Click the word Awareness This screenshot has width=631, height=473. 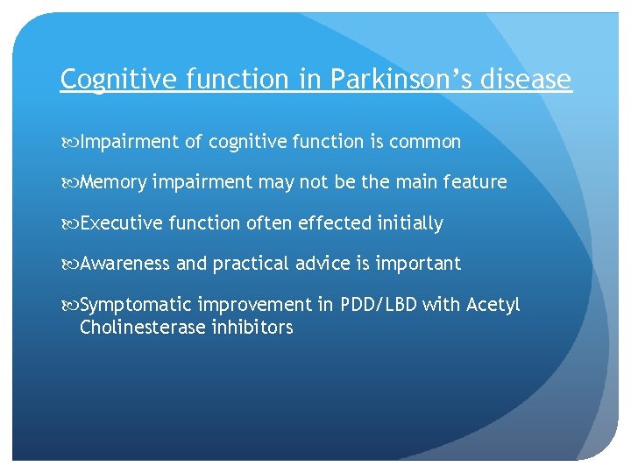pyautogui.click(x=125, y=264)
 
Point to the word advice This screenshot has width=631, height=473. pyautogui.click(x=324, y=264)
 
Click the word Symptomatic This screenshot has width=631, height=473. pyautogui.click(x=135, y=305)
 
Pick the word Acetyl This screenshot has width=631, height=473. pyautogui.click(x=493, y=305)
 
